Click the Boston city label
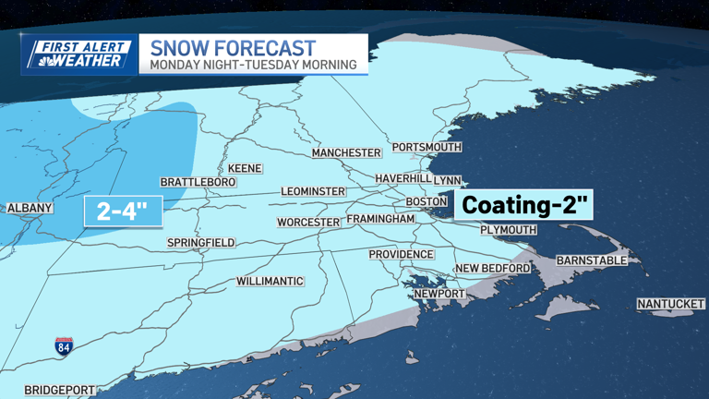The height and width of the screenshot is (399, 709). [x=427, y=201]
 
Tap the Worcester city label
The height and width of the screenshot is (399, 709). [x=309, y=223]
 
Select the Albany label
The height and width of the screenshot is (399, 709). [x=30, y=209]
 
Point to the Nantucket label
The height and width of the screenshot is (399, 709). [x=670, y=304]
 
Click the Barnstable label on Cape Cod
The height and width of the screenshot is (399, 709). [x=592, y=260]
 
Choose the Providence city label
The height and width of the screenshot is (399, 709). [x=401, y=254]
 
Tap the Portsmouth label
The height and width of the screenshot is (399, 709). [x=426, y=148]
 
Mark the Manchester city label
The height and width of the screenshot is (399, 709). [x=346, y=152]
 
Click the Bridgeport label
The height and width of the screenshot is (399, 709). [x=60, y=390]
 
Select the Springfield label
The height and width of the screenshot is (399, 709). [x=200, y=243]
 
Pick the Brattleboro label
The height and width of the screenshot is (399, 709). [x=198, y=183]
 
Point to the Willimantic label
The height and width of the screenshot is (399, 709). [x=270, y=281]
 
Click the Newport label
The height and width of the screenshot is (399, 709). [x=439, y=294]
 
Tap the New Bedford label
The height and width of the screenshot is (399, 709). [x=493, y=269]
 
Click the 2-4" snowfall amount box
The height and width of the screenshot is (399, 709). [x=123, y=212]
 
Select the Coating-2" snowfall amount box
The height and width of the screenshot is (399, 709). [x=523, y=205]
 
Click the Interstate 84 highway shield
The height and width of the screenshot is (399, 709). [x=64, y=346]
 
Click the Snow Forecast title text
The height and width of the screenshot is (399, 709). [x=233, y=47]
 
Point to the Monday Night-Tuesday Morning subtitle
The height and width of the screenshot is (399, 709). [x=253, y=65]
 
